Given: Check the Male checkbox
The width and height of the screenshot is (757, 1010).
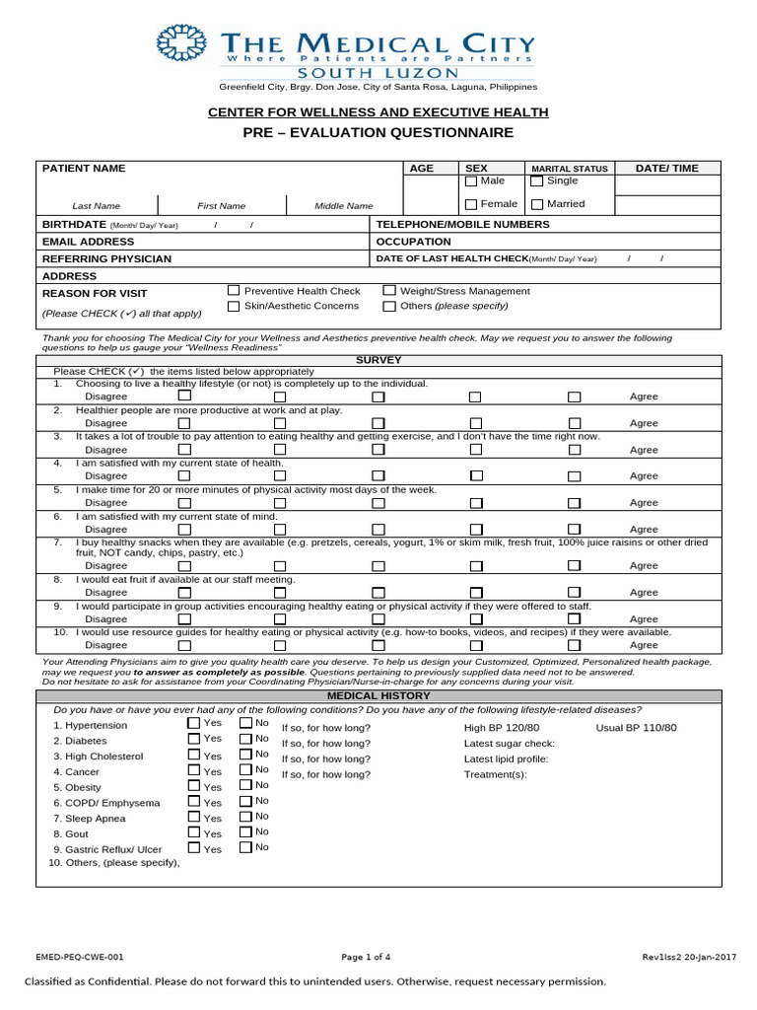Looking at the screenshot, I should click(x=471, y=181).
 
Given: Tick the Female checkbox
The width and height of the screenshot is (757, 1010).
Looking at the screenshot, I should click(x=471, y=204).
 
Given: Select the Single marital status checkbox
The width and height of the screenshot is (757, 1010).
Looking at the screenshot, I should click(x=536, y=181).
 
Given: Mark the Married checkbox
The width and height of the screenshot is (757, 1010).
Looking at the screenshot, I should click(x=536, y=204).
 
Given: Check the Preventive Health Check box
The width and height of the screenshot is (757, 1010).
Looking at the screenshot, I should click(x=234, y=291).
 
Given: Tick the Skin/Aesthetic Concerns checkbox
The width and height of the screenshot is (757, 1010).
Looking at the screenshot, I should click(x=234, y=307).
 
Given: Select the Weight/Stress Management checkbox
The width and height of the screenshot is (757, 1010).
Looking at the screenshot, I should click(x=389, y=291).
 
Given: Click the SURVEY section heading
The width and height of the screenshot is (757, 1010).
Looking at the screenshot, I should click(x=378, y=361).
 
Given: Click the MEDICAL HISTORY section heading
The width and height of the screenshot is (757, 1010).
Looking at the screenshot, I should click(x=378, y=696).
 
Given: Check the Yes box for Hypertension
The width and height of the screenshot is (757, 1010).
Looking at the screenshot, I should click(x=193, y=723).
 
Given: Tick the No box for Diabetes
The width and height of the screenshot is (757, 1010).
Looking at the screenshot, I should click(x=245, y=739).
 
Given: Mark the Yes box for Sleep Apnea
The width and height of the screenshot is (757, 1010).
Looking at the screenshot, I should click(x=193, y=817).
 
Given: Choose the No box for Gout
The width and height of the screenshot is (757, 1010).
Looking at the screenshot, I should click(x=245, y=832).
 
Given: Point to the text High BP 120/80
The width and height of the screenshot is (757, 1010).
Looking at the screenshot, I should click(x=502, y=728).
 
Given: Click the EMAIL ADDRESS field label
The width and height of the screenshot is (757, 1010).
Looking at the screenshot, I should click(x=88, y=242).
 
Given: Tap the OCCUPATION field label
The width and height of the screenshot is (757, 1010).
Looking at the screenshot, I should click(x=414, y=242).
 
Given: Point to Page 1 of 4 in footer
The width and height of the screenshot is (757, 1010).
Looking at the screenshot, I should click(x=366, y=957).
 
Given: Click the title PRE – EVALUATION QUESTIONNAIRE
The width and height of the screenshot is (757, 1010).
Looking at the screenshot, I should click(x=379, y=133).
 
